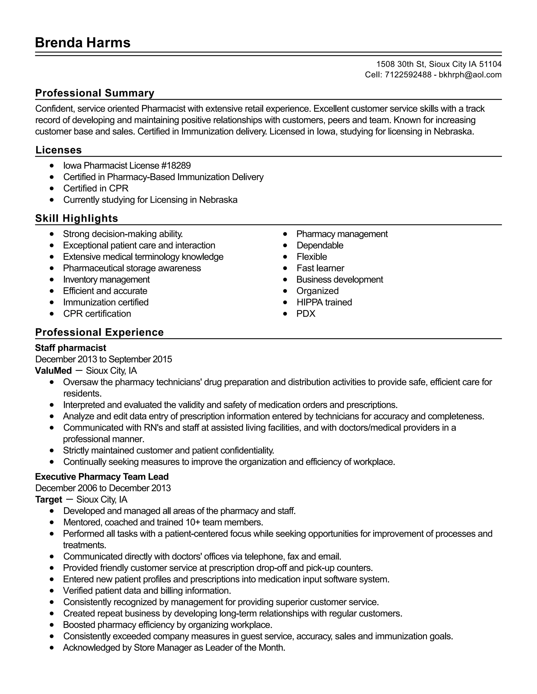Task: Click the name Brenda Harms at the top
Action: click(83, 43)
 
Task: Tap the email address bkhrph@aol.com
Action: click(470, 75)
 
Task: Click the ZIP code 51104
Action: click(490, 64)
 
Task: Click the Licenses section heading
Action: click(58, 150)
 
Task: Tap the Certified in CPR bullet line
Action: click(96, 189)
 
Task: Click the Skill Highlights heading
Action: click(76, 218)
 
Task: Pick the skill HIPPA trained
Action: click(324, 302)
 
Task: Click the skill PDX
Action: click(305, 314)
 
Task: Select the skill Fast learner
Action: click(320, 268)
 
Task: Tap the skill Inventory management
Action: click(106, 280)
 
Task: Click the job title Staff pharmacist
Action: click(71, 348)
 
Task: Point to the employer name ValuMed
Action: click(53, 371)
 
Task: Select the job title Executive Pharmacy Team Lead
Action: click(102, 477)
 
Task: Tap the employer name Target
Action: click(49, 499)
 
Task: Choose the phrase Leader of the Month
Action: click(245, 648)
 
